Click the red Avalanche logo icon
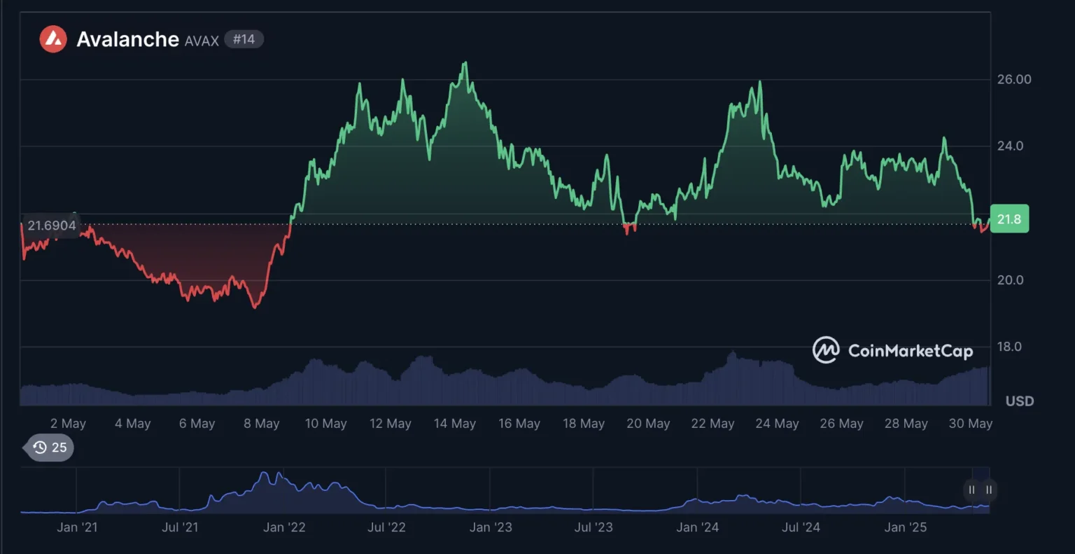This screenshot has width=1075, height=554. (x=53, y=39)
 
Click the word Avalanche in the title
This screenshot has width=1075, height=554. (x=127, y=39)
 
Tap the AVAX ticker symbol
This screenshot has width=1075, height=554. (x=202, y=41)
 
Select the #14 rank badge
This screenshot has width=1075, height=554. (x=244, y=39)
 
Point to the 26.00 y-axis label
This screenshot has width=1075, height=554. (x=1014, y=79)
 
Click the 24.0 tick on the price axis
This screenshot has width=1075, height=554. (x=1010, y=146)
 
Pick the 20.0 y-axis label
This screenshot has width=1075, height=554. (x=1010, y=279)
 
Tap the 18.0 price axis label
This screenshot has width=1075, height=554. (x=1010, y=347)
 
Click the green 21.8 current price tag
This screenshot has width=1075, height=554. (x=1009, y=219)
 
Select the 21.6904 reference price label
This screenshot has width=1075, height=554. (x=52, y=226)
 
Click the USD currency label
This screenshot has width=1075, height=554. (x=1019, y=401)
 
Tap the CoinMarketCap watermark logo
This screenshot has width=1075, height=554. (x=892, y=350)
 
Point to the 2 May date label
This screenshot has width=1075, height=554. (x=68, y=424)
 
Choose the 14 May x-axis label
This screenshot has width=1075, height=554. (x=455, y=424)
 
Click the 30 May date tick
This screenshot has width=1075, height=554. (x=970, y=424)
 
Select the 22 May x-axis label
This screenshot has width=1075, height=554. (x=712, y=424)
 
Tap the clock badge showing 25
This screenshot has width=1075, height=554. (x=50, y=448)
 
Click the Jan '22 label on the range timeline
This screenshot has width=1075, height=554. (x=284, y=527)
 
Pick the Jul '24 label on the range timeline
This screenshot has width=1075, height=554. (x=801, y=527)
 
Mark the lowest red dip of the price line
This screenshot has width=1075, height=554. (x=255, y=307)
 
